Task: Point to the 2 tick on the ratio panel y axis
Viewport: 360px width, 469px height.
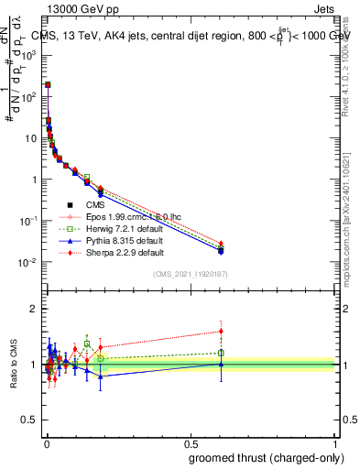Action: [34, 309]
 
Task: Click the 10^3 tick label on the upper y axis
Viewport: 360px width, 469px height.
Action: [29, 54]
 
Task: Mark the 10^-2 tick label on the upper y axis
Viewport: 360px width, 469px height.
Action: [29, 263]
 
